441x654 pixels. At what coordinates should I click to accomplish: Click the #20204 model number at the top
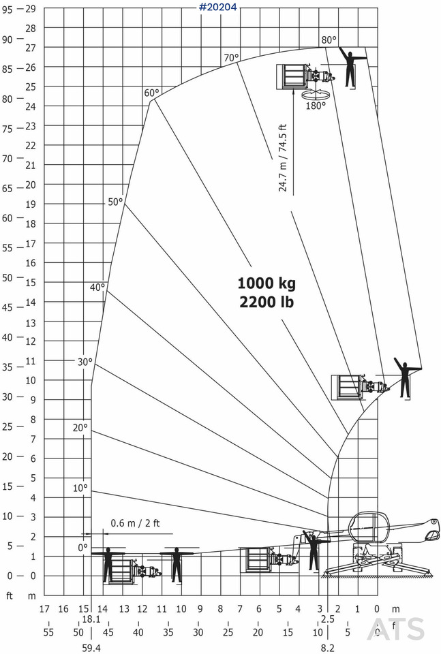coord(218,7)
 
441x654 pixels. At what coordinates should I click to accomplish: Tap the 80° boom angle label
coord(329,40)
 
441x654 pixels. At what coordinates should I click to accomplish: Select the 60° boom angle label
coord(152,93)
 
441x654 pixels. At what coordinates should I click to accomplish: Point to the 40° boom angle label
coord(97,287)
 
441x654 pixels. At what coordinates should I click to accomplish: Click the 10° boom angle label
coord(80,488)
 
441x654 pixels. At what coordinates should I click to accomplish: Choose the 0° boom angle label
coord(83,548)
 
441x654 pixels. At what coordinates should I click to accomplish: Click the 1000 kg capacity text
coord(267,283)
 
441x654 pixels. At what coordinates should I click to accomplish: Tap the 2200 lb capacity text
coord(267,302)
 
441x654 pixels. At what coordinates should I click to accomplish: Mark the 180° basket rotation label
coord(316,106)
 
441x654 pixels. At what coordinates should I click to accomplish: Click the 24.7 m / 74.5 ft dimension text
coord(283,158)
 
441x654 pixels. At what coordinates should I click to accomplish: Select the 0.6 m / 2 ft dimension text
coord(135,523)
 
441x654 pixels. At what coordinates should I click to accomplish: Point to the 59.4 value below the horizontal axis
coord(91,648)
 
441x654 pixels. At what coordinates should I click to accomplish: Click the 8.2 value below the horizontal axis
coord(328,648)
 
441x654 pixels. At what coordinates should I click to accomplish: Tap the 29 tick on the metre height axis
coord(31,9)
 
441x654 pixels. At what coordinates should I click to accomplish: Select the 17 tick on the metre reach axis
coord(44,609)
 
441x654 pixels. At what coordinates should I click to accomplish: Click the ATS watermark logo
coord(395,629)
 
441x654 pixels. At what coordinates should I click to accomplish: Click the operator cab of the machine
coord(369,527)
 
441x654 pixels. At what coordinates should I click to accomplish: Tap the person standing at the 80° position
coord(350,67)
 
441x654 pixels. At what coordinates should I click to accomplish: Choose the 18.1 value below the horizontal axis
coord(91,619)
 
